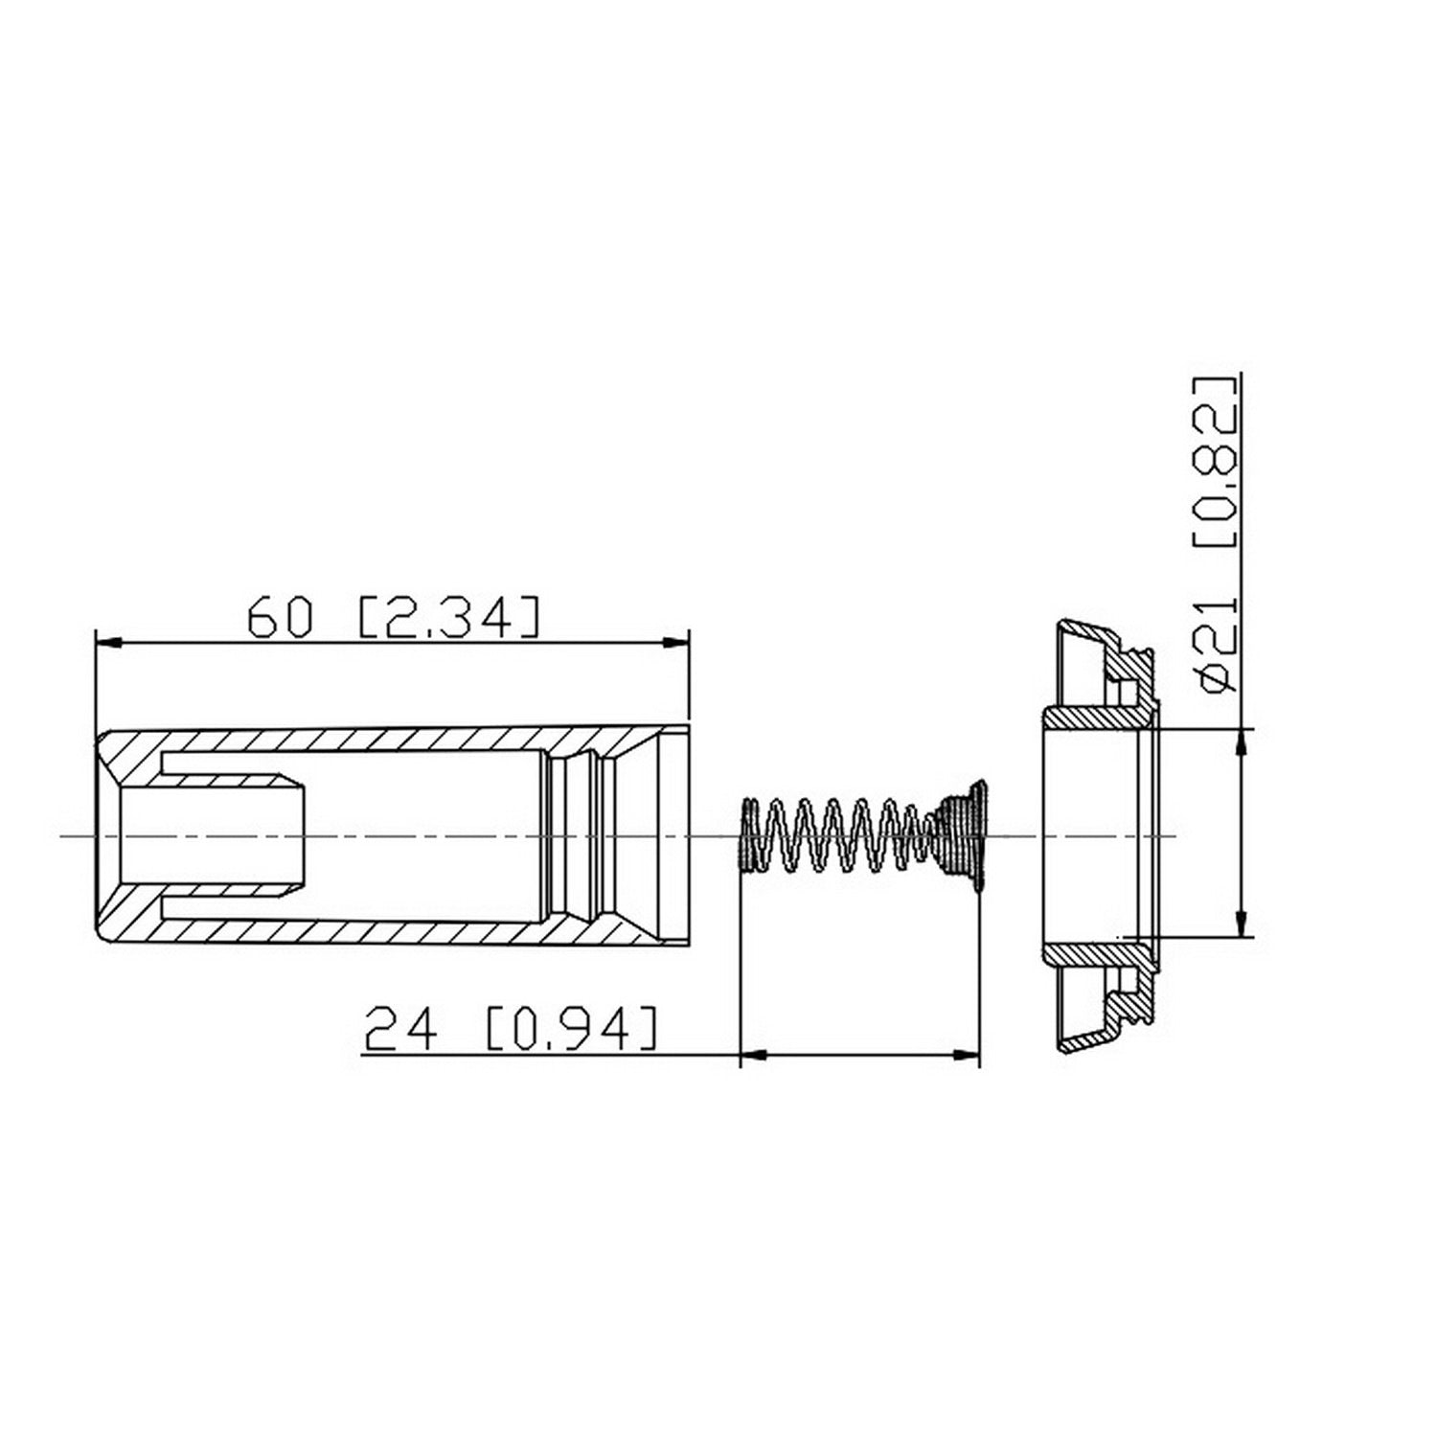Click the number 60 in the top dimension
click(x=280, y=618)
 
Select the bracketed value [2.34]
click(x=448, y=618)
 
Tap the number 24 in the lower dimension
click(x=401, y=1029)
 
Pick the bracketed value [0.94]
click(x=572, y=1029)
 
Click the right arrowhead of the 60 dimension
click(x=677, y=644)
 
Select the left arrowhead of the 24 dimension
click(x=753, y=1056)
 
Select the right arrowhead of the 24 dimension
click(x=969, y=1056)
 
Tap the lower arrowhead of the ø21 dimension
click(x=1243, y=924)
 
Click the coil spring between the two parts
click(x=833, y=834)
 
